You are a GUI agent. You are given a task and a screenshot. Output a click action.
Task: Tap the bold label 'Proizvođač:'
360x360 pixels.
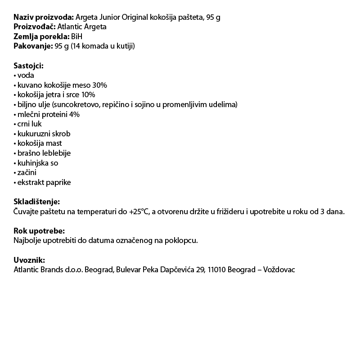(x=35, y=27)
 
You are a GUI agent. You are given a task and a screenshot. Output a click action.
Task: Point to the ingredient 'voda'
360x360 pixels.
(x=26, y=76)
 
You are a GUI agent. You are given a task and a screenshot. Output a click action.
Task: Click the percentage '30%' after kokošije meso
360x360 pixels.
(x=99, y=85)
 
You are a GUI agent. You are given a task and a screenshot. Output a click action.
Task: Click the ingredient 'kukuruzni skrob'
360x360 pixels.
(x=44, y=134)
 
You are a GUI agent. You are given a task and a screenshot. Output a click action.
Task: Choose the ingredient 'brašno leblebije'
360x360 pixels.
(x=44, y=153)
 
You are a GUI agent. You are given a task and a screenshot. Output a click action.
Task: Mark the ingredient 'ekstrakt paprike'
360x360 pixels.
(x=44, y=182)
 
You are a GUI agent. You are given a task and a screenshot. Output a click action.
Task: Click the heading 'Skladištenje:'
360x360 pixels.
(x=36, y=202)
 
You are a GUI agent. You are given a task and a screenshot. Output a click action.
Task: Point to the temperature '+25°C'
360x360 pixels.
(x=139, y=211)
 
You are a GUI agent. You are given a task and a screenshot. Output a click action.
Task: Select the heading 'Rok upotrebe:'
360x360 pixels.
(x=39, y=231)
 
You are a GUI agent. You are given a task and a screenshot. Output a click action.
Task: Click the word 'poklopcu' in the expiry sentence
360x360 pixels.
(x=184, y=241)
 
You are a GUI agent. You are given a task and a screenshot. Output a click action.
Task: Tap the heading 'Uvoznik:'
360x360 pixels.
(x=30, y=260)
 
